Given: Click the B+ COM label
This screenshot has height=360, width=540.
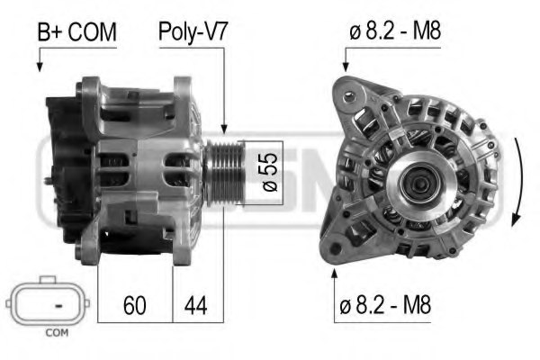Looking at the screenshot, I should pos(76,33).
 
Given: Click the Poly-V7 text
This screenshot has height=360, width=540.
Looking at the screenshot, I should pos(193,33).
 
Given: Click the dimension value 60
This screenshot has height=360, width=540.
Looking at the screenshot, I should pos(135,306).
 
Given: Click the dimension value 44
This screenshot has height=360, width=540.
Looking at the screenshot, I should pos(194,306).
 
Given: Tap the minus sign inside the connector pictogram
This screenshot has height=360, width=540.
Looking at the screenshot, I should pos(58,306).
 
